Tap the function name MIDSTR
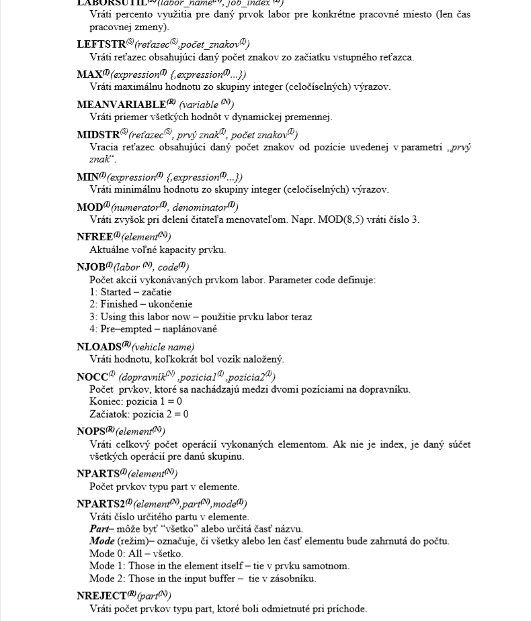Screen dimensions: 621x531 tap(97, 134)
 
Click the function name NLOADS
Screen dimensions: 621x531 tap(99, 346)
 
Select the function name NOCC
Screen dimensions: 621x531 tap(92, 377)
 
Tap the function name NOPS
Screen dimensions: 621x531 tap(91, 430)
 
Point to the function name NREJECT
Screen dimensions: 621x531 tap(101, 595)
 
